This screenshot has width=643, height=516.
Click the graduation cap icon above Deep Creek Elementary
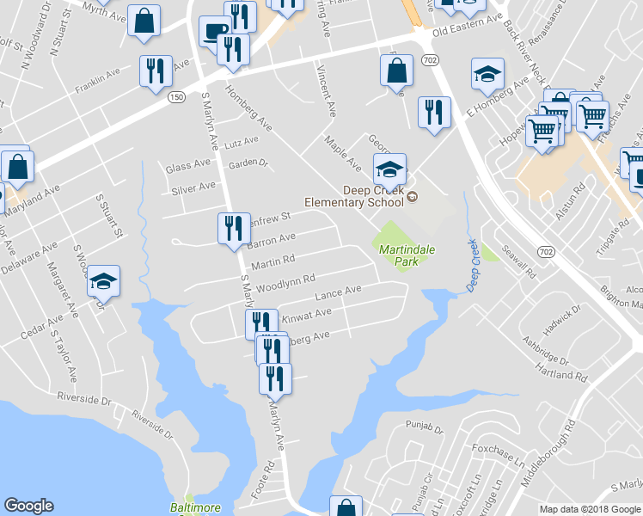[x=389, y=168]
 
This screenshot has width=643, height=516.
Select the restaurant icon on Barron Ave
[x=232, y=228]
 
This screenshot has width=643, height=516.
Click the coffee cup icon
[x=213, y=33]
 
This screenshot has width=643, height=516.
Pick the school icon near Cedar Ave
[x=103, y=280]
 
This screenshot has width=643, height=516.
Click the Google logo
[x=28, y=506]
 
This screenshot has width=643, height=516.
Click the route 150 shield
[x=176, y=97]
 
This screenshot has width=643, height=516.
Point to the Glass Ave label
[x=187, y=166]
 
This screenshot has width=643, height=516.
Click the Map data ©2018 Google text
[x=590, y=508]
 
